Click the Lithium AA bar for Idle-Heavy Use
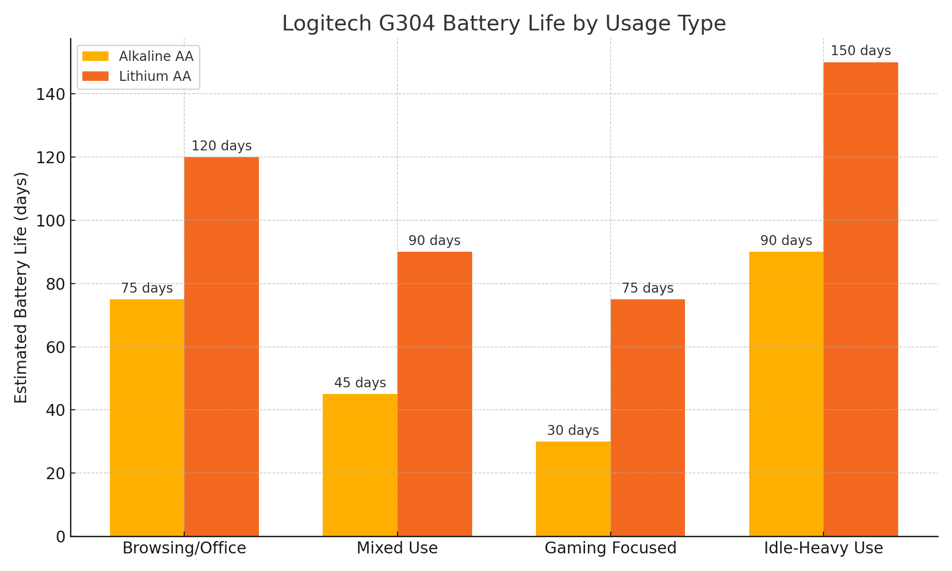click(861, 299)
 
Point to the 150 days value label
click(861, 51)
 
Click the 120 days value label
click(222, 146)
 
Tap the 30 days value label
click(573, 431)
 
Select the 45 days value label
click(360, 383)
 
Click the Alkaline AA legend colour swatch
click(96, 57)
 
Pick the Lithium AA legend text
click(155, 77)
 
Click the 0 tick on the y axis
click(60, 537)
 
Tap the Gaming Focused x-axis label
click(610, 548)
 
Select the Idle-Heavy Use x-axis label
click(823, 548)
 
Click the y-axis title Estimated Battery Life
click(21, 287)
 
